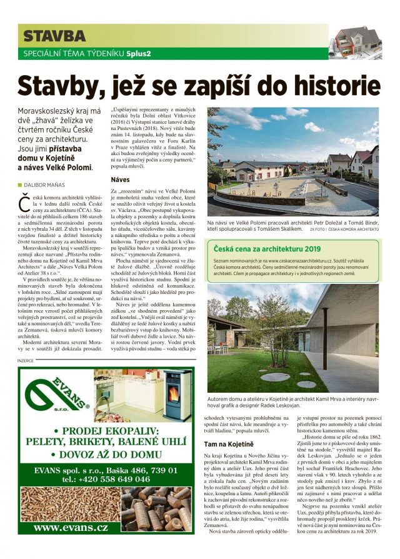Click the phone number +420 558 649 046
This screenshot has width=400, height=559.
coord(106,479)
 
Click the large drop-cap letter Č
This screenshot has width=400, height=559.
coord(23,203)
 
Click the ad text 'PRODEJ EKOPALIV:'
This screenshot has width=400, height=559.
coord(106,431)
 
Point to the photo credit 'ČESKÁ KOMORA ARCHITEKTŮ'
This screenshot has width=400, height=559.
coord(353,229)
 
